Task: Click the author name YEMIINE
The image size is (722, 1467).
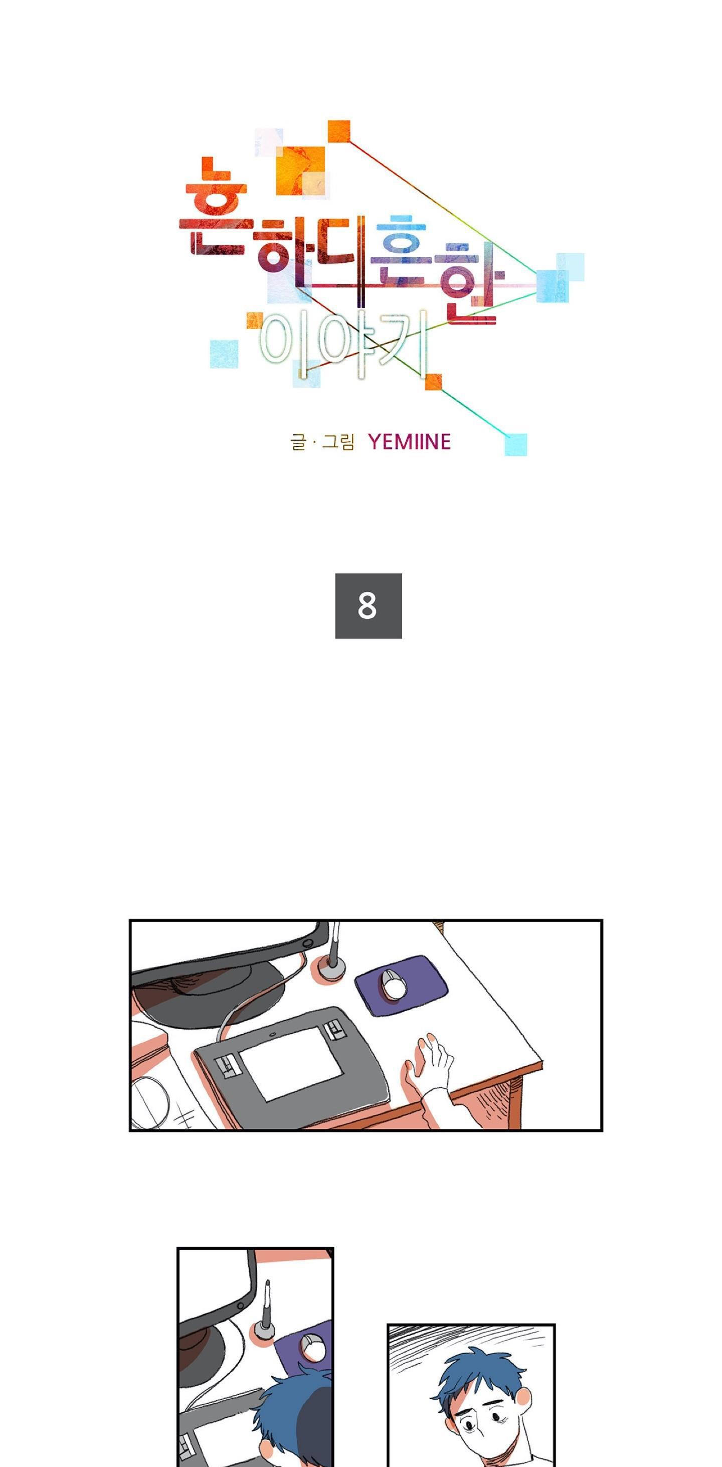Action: (x=410, y=441)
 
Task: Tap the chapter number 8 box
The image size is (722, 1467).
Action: (x=369, y=605)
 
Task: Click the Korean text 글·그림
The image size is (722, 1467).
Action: (x=322, y=441)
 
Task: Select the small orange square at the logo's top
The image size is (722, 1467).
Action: (x=339, y=131)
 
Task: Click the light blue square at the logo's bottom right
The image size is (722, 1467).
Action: (x=515, y=444)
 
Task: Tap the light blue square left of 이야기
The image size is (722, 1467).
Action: (x=224, y=354)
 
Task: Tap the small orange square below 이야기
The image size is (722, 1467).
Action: (x=433, y=382)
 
